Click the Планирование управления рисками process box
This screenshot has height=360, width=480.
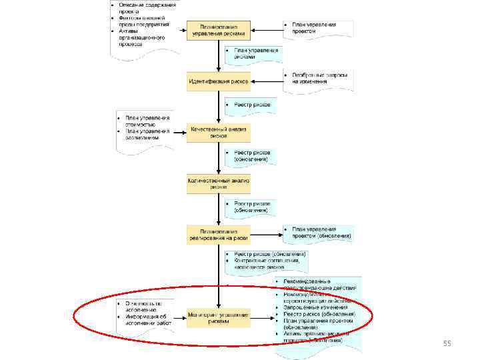tap(219, 30)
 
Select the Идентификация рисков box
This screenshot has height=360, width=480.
tap(219, 82)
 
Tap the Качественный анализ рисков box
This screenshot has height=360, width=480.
tap(219, 131)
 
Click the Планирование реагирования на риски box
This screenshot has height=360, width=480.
tap(219, 235)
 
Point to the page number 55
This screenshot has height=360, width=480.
tap(447, 343)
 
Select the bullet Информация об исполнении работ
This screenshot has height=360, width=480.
tap(145, 319)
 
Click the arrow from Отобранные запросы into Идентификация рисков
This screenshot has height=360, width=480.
tap(267, 82)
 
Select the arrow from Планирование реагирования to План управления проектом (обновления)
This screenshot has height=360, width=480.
tap(266, 235)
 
